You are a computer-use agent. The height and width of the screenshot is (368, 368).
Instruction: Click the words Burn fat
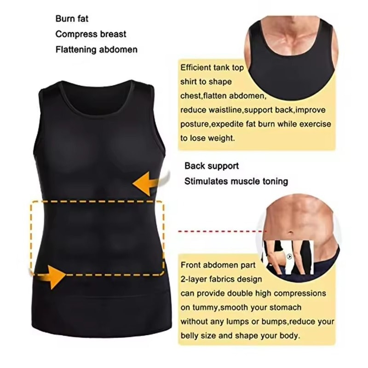click(72, 19)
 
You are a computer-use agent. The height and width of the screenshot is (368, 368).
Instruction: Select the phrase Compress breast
click(91, 34)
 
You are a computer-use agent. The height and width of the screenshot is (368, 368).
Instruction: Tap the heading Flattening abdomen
click(96, 49)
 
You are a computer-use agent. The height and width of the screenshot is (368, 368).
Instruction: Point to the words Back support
click(212, 166)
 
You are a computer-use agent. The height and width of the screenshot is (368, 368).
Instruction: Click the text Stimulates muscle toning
click(236, 181)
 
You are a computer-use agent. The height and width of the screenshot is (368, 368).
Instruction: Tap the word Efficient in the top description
click(195, 67)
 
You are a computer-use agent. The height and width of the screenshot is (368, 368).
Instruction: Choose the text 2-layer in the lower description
click(194, 279)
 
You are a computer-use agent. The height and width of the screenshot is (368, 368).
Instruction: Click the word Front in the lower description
click(190, 265)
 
